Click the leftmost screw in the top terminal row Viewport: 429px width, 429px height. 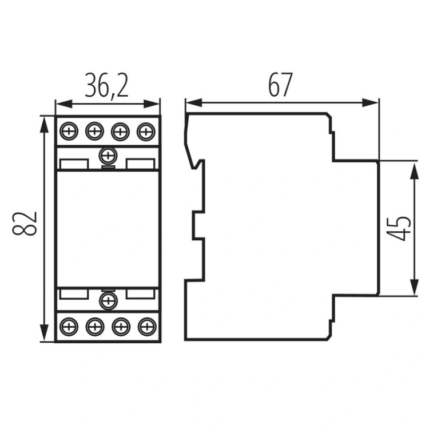point(69,132)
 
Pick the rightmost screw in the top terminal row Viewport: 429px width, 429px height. point(146,132)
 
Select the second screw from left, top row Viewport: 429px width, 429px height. point(94,132)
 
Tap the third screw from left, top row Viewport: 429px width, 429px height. point(120,132)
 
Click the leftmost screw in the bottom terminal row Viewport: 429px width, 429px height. point(69,327)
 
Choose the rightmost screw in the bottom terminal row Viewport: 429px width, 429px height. point(146,327)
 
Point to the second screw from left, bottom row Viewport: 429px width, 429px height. point(94,327)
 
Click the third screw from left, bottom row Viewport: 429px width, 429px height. point(120,327)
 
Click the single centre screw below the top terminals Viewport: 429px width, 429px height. point(107,154)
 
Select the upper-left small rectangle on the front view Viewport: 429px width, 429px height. point(74,165)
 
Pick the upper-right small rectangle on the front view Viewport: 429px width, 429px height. point(141,165)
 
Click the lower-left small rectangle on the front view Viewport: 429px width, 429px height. point(74,293)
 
